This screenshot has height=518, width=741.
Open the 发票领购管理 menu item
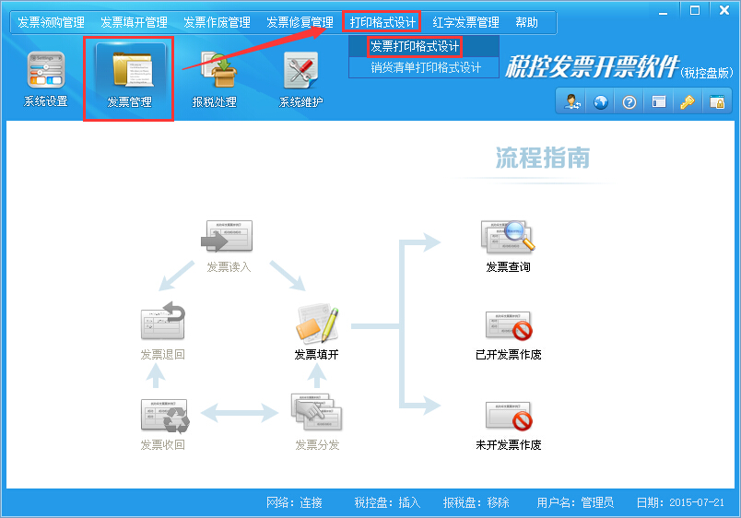(x=51, y=22)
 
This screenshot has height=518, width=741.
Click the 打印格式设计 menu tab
(x=382, y=22)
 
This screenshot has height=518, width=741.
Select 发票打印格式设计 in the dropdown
(x=415, y=46)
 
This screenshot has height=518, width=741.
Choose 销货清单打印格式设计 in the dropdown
(x=426, y=67)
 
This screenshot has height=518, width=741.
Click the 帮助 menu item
(x=526, y=22)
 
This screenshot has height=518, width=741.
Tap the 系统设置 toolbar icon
(x=46, y=70)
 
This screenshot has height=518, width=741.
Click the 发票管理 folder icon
(x=133, y=70)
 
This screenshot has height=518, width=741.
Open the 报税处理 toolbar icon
(x=218, y=70)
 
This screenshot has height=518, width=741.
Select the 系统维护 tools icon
(x=301, y=70)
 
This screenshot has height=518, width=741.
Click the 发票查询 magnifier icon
(x=508, y=235)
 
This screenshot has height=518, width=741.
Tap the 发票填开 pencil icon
(x=317, y=324)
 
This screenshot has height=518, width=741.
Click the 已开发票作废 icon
(x=509, y=325)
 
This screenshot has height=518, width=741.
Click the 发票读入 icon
(x=227, y=236)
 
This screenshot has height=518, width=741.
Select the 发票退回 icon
(x=163, y=321)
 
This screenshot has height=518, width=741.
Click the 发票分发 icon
(x=316, y=412)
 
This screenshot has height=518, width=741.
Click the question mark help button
(x=629, y=102)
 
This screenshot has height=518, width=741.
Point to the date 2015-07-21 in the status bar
(x=697, y=502)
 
